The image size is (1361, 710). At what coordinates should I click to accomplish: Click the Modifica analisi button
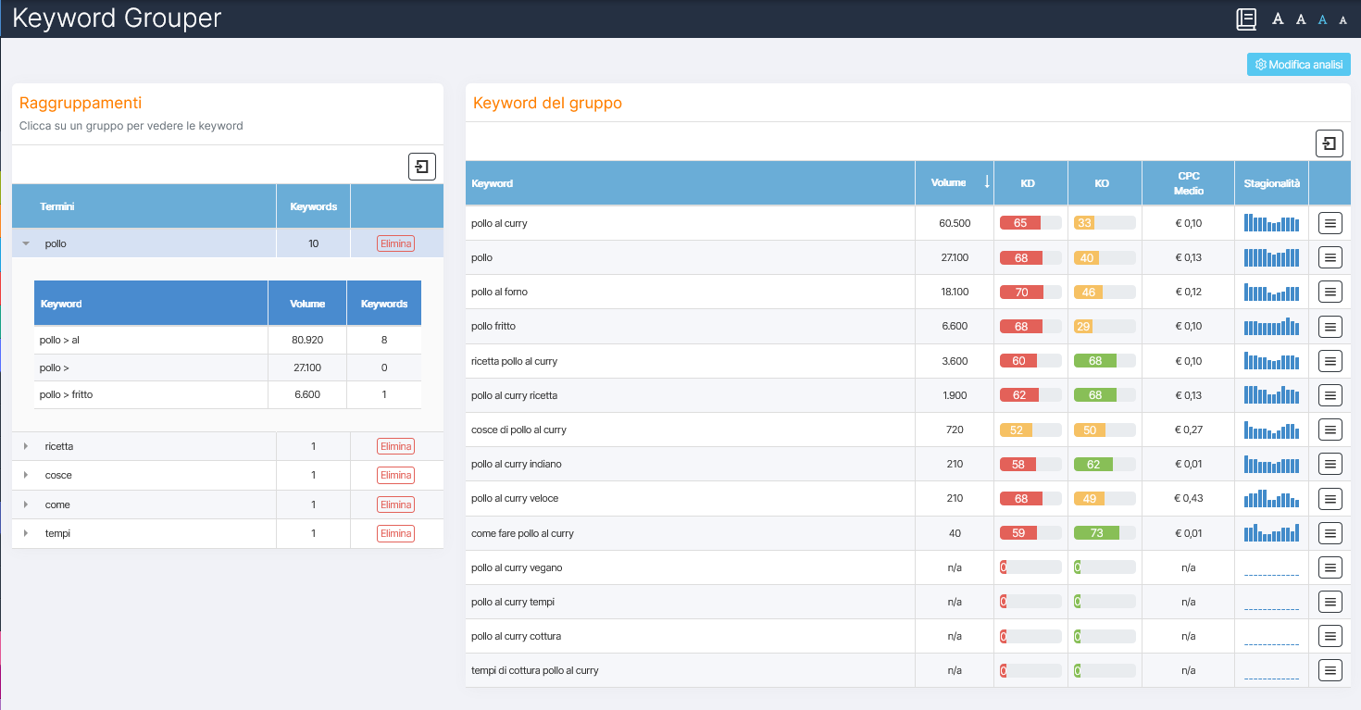pos(1298,65)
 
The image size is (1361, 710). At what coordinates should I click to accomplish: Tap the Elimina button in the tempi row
pos(395,534)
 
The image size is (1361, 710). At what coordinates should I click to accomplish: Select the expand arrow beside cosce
pos(26,476)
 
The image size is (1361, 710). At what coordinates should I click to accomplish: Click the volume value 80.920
pos(307,340)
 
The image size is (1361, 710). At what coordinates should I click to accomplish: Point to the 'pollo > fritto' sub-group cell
pos(67,395)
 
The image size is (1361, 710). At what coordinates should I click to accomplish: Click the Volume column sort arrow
pos(986,182)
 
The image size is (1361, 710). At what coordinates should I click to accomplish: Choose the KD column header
pos(1028,183)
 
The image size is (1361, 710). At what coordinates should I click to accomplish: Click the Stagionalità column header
pos(1271,183)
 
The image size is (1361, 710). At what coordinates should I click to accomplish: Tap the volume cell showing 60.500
pos(955,223)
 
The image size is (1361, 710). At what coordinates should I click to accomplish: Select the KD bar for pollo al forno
pos(1030,293)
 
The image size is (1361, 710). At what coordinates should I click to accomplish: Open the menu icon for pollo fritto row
pos(1330,327)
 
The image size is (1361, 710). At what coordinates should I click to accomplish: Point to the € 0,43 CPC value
pos(1189,499)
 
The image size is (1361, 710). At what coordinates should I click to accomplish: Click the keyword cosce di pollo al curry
pos(518,430)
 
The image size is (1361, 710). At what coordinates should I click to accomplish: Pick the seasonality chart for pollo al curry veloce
pos(1271,499)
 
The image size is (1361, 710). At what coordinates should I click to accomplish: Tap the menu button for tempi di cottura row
pos(1330,670)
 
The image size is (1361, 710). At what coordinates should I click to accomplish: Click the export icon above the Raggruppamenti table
pos(421,167)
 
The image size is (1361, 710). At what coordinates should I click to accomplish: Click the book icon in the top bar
pos(1246,19)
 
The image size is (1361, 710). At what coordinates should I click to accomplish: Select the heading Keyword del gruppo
pos(547,103)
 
